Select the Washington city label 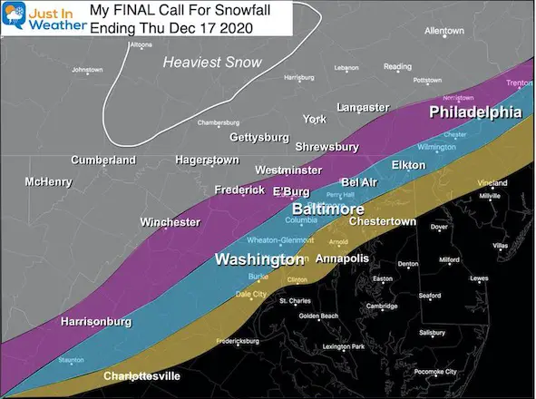click(x=258, y=259)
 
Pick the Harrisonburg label click(x=96, y=322)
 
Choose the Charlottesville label click(x=141, y=375)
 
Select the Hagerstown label click(x=207, y=161)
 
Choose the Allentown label click(x=443, y=31)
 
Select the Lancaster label click(x=362, y=107)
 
